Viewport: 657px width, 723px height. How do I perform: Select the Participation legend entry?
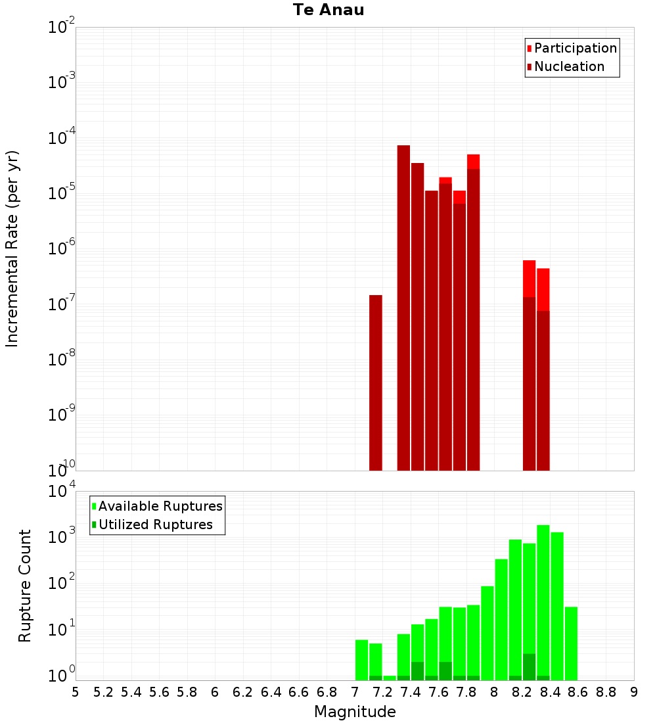click(575, 48)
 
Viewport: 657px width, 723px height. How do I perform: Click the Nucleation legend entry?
click(568, 66)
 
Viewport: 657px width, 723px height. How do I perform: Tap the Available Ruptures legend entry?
click(160, 506)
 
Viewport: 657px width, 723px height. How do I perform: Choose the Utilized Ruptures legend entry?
click(155, 525)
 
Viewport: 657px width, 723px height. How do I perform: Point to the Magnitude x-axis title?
click(355, 712)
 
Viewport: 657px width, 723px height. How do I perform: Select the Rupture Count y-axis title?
click(25, 586)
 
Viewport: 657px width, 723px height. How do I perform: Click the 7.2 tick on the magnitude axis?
click(382, 692)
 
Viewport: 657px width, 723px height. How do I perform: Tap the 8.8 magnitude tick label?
click(606, 692)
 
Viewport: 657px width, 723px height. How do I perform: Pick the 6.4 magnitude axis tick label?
click(271, 692)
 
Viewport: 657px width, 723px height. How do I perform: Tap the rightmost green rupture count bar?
click(571, 643)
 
